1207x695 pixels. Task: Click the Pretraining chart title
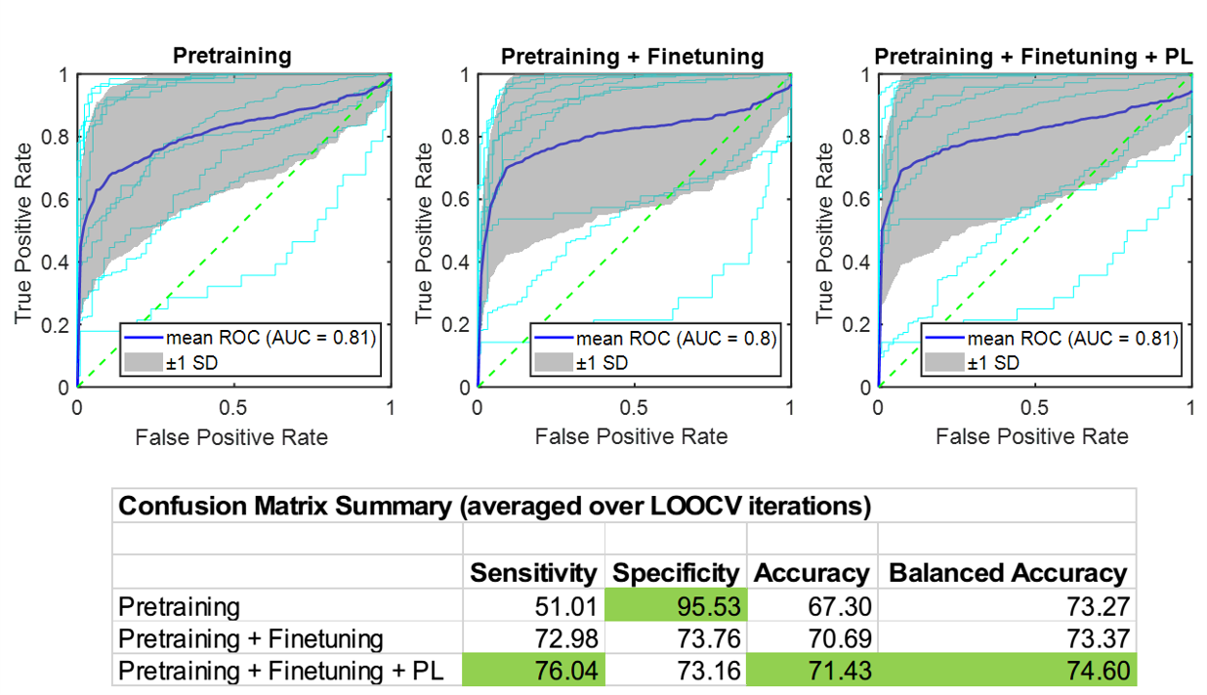click(232, 56)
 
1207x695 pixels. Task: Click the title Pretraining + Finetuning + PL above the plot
click(1033, 56)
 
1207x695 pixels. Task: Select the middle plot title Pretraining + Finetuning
click(632, 56)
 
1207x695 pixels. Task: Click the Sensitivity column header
click(533, 573)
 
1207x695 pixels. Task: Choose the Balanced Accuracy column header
click(1007, 573)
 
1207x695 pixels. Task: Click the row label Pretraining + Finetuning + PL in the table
click(276, 672)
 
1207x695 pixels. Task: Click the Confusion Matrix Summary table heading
click(494, 508)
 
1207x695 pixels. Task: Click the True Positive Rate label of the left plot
click(23, 232)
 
